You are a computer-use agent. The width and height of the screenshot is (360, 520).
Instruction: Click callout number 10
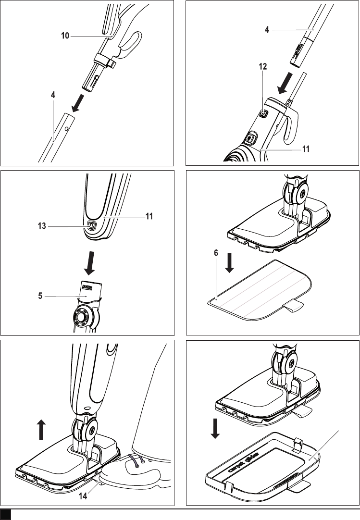[x=65, y=36]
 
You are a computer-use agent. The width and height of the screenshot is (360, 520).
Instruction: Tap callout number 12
[x=263, y=66]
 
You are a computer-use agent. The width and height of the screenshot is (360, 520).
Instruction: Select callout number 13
[x=42, y=226]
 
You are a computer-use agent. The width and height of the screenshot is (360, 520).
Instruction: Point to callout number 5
[x=40, y=296]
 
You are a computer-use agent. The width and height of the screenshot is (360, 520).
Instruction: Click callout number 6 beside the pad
[x=216, y=253]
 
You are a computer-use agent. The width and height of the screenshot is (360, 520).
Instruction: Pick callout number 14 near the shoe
[x=83, y=496]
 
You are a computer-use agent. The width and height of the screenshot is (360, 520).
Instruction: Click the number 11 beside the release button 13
[x=149, y=216]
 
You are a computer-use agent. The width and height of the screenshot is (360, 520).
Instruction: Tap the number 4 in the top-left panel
[x=53, y=95]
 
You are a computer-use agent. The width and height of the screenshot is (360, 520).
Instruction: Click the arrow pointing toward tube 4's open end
[x=78, y=103]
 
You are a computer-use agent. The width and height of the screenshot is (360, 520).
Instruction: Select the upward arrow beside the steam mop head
[x=41, y=430]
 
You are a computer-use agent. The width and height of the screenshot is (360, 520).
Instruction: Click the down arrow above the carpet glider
[x=215, y=429]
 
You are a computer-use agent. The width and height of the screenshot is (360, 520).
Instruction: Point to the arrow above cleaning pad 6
[x=229, y=263]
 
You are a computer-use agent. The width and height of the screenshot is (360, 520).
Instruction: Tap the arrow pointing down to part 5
[x=89, y=263]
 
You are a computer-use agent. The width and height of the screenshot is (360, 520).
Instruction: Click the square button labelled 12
[x=263, y=114]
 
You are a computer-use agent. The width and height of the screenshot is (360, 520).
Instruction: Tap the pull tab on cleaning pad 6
[x=293, y=306]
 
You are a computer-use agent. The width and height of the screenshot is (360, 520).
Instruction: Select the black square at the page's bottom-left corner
[x=6, y=514]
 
